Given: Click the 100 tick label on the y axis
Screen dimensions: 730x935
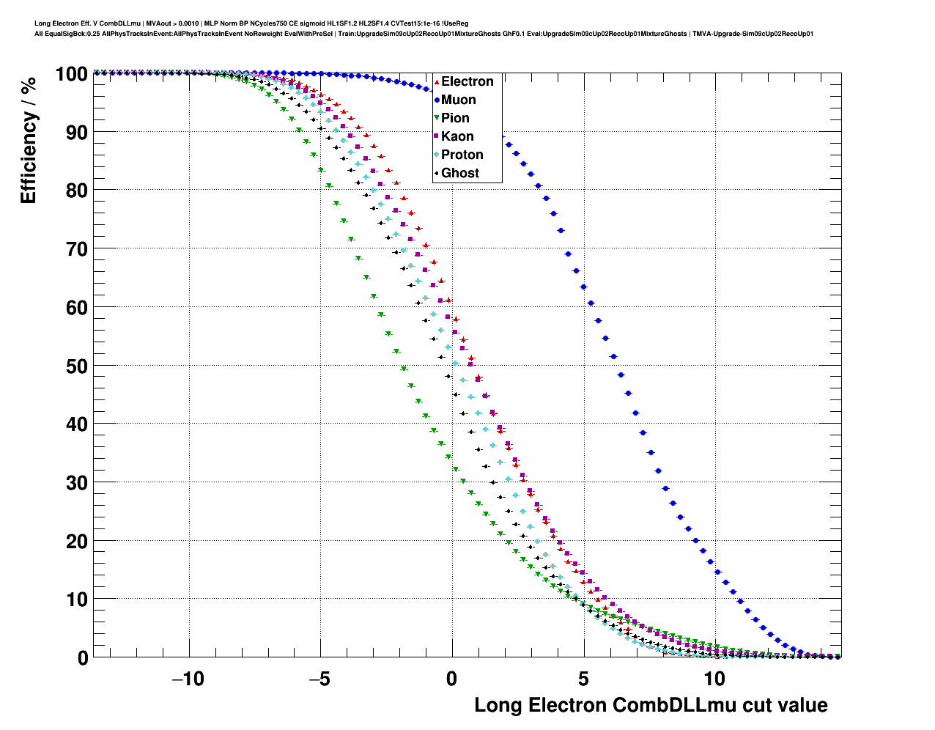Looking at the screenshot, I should (x=71, y=73).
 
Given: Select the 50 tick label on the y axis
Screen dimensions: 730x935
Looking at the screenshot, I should (x=76, y=366).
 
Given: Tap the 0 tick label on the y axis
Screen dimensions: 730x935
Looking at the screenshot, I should (x=82, y=657).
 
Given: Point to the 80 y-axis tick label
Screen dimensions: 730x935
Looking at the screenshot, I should (x=76, y=191).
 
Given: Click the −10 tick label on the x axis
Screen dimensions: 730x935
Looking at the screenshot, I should (x=188, y=679).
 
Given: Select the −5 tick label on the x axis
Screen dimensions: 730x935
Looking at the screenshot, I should (x=319, y=679).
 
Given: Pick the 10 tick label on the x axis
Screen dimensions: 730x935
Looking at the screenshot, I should (x=714, y=679).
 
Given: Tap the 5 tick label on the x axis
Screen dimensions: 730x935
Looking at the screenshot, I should (x=584, y=679).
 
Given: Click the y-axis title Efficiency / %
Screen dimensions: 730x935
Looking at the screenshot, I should (x=28, y=140).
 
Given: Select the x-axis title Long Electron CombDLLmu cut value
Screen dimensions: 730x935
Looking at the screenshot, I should (x=651, y=705).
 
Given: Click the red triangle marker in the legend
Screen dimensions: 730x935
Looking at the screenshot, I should (x=437, y=81).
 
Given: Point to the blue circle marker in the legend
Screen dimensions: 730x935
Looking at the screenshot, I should (x=437, y=100).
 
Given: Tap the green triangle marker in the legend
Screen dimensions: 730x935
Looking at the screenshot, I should (x=437, y=118).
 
